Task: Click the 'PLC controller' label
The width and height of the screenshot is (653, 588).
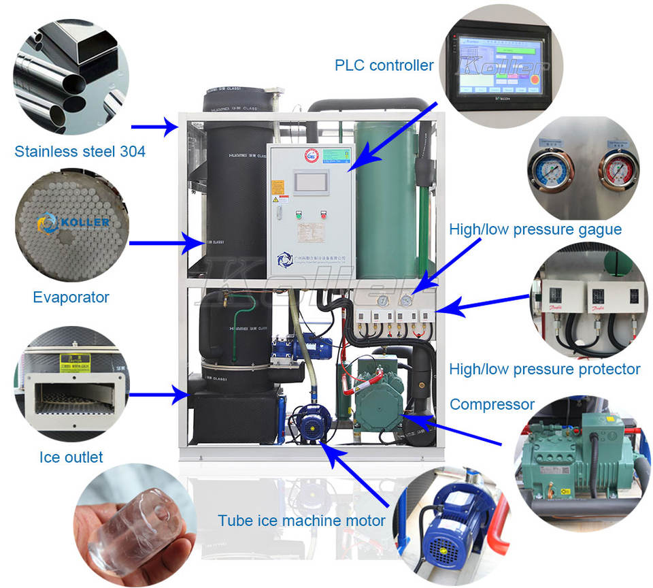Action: click(x=384, y=65)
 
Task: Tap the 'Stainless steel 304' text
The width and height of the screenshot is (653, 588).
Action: click(x=80, y=151)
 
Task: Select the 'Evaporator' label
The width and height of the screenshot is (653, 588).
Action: click(x=71, y=297)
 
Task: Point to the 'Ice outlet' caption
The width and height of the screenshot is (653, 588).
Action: click(x=71, y=457)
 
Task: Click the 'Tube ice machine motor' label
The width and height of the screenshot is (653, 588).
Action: click(x=301, y=521)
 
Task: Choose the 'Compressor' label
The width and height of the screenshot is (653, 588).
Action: click(x=492, y=404)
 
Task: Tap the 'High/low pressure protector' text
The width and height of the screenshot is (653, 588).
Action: click(x=544, y=369)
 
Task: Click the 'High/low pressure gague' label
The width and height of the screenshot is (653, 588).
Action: click(x=535, y=229)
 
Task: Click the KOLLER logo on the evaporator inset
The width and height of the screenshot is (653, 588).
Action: click(x=73, y=222)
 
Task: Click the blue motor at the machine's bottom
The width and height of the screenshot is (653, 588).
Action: click(x=312, y=424)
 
